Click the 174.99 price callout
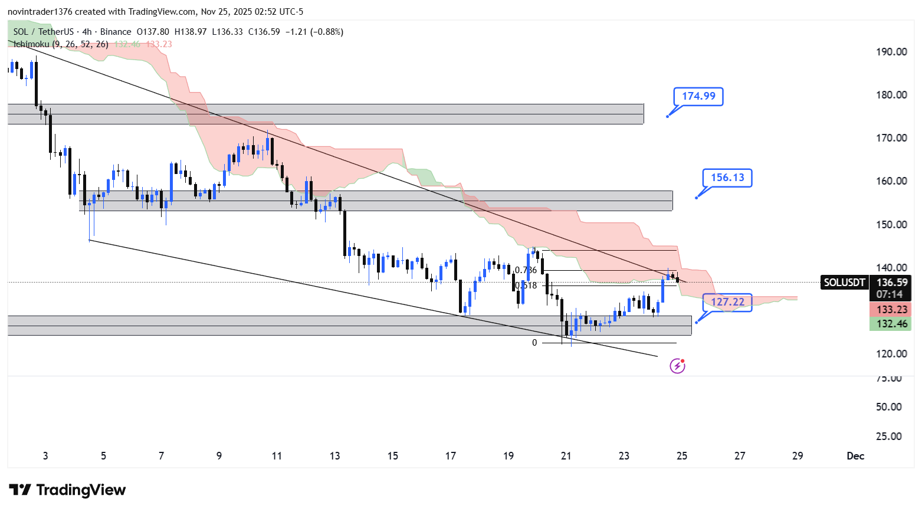click(698, 96)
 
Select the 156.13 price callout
click(727, 178)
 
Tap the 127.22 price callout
click(727, 302)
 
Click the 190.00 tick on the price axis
click(891, 52)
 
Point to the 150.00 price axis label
click(891, 225)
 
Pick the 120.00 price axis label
click(891, 354)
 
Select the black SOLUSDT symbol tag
click(844, 283)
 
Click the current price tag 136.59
click(891, 283)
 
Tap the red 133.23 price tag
click(891, 310)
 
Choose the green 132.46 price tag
click(891, 324)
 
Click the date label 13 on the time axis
click(335, 456)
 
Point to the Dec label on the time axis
click(855, 456)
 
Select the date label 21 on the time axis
click(566, 456)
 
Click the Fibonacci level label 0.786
click(526, 270)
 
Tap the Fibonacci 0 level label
click(534, 343)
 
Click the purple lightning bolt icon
click(677, 366)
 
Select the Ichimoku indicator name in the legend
click(32, 44)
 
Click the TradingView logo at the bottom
click(67, 490)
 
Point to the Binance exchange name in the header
click(116, 32)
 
